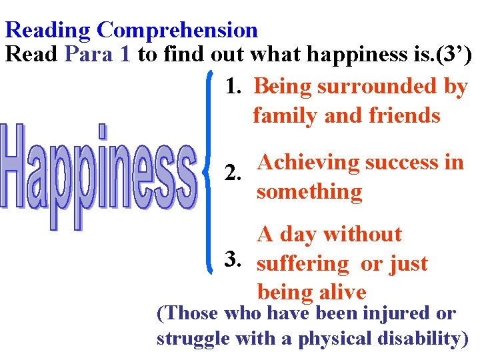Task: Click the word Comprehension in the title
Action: pyautogui.click(x=177, y=30)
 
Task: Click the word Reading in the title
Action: pyautogui.click(x=48, y=30)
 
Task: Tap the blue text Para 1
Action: pyautogui.click(x=98, y=54)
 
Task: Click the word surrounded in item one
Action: pyautogui.click(x=377, y=87)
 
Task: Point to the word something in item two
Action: pyautogui.click(x=309, y=192)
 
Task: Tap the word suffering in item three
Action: pyautogui.click(x=303, y=264)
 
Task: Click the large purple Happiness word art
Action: pyautogui.click(x=100, y=175)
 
